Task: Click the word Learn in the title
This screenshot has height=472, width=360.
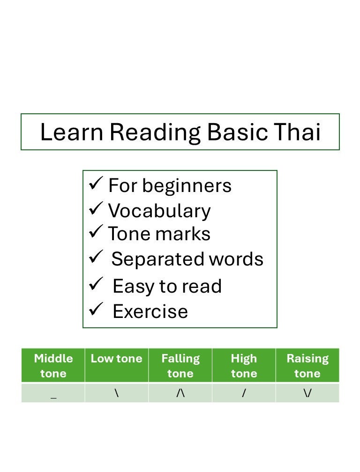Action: (x=71, y=133)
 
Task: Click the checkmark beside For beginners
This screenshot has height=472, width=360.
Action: (x=96, y=184)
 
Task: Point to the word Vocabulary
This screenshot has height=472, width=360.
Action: (x=159, y=211)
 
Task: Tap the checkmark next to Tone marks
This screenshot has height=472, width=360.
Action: (x=96, y=231)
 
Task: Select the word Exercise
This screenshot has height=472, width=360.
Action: (x=150, y=311)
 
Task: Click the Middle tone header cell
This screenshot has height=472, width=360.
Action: (x=53, y=366)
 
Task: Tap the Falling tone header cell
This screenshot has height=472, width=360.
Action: (x=180, y=366)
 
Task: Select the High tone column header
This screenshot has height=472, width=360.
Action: (x=244, y=366)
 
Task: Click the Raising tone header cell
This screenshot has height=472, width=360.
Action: (x=307, y=366)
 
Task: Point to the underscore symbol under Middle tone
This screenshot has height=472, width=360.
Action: (x=53, y=396)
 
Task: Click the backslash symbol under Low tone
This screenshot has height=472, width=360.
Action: (x=116, y=393)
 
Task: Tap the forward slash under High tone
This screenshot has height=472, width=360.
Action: (x=244, y=393)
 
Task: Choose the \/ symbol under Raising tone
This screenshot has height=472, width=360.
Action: (x=307, y=393)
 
